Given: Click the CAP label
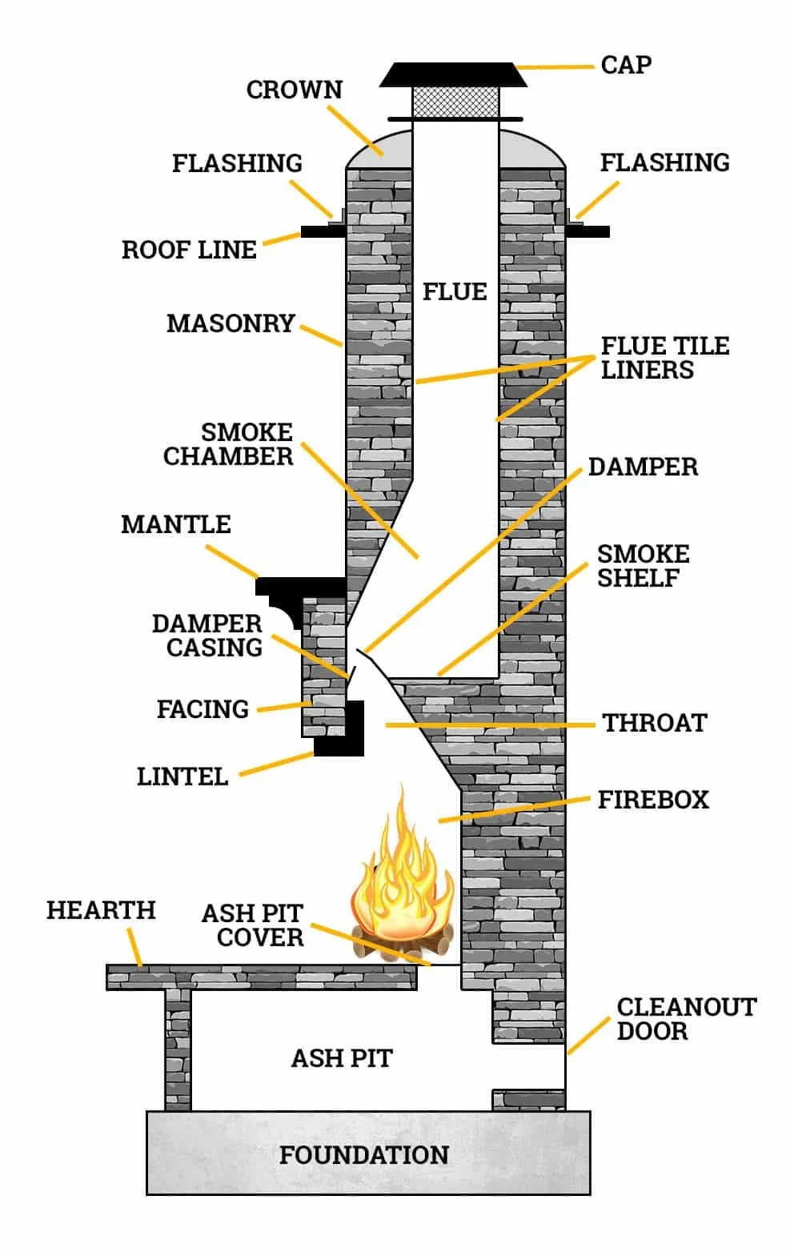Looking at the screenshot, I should click(x=625, y=65).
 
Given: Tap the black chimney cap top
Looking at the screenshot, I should click(x=453, y=75).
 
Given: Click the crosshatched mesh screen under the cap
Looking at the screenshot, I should click(x=455, y=102).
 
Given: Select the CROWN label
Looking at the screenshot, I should click(x=294, y=90).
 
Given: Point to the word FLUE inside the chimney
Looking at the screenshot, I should click(x=454, y=291).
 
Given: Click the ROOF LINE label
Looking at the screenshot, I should click(x=189, y=250).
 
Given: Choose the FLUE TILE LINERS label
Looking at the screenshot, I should click(x=664, y=358).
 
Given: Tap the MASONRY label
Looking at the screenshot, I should click(x=231, y=323).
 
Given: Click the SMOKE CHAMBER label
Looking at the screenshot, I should click(x=229, y=444).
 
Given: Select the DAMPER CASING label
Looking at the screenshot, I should click(x=207, y=636).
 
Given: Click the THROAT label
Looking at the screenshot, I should click(x=654, y=723).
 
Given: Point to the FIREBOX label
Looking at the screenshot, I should click(x=653, y=800).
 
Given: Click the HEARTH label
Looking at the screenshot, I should click(x=101, y=910).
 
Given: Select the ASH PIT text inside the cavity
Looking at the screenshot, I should click(x=342, y=1058).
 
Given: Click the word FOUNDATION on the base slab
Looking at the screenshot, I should click(x=363, y=1154).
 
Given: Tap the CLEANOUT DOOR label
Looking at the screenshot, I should click(x=685, y=1018).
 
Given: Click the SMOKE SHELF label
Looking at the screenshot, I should click(x=643, y=566).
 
